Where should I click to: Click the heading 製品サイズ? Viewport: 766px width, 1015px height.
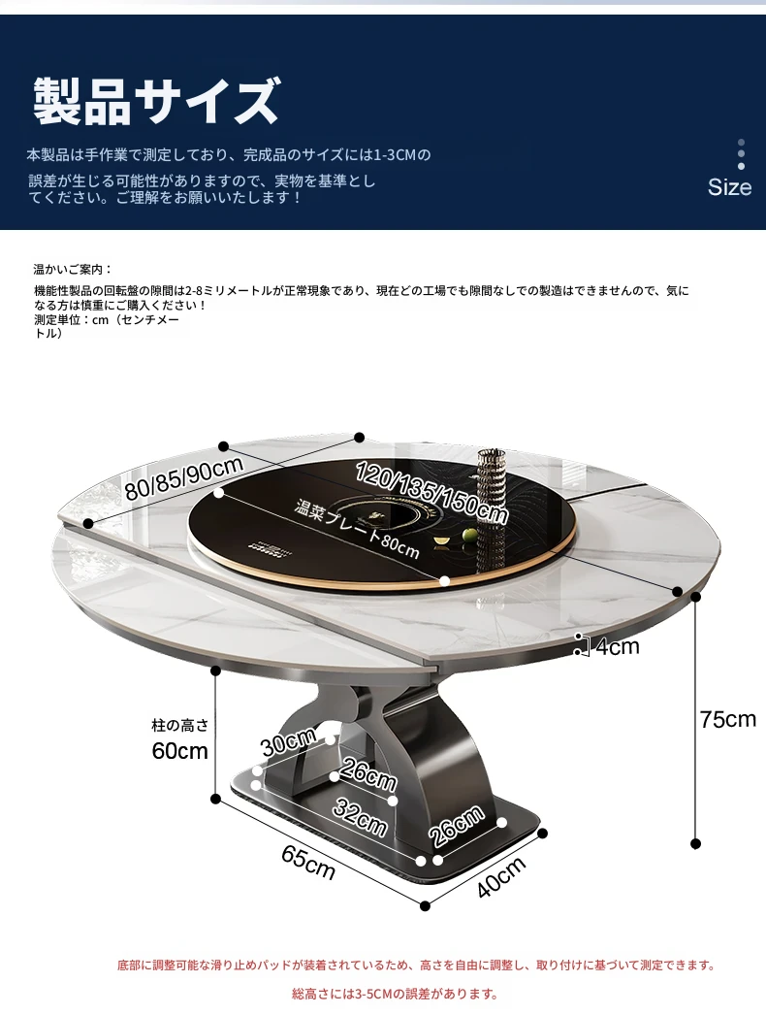(156, 101)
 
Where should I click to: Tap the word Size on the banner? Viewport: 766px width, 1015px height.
(729, 187)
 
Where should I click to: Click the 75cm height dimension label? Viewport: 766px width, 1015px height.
(728, 719)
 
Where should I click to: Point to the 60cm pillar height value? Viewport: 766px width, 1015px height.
(179, 751)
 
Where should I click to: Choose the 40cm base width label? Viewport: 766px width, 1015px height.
(500, 878)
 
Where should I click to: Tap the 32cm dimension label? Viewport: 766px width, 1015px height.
(361, 817)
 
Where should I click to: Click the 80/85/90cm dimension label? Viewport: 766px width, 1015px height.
(183, 477)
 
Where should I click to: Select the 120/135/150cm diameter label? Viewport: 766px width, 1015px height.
(431, 492)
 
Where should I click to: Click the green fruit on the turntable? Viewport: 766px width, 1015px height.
(469, 535)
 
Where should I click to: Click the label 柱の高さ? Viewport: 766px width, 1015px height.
(180, 725)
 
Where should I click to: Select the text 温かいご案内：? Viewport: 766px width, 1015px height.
(73, 270)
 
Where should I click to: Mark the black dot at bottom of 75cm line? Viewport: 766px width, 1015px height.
(695, 843)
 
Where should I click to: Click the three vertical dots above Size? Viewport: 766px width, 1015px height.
(742, 154)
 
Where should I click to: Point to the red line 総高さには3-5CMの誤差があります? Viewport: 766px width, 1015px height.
(395, 994)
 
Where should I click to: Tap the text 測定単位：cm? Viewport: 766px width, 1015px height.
(71, 320)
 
